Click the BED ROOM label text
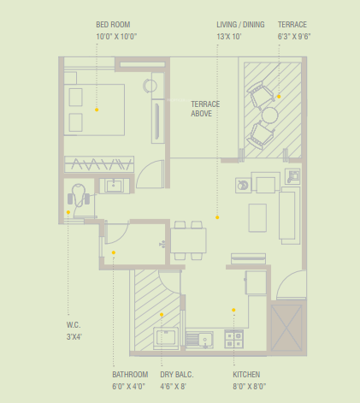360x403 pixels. tap(112, 25)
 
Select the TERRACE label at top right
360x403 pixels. tap(292, 25)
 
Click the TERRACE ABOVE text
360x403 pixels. tap(205, 109)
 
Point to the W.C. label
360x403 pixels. tap(74, 324)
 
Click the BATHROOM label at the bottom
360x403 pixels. tap(130, 375)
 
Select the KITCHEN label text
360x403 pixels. tap(246, 375)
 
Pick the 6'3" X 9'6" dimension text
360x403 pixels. tap(292, 37)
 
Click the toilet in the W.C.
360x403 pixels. tap(79, 196)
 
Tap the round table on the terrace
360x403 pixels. tap(270, 115)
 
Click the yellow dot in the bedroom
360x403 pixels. tap(97, 110)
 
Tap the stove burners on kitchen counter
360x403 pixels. tap(233, 339)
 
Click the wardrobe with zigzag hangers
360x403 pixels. tap(98, 163)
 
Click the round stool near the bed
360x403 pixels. tap(150, 86)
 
